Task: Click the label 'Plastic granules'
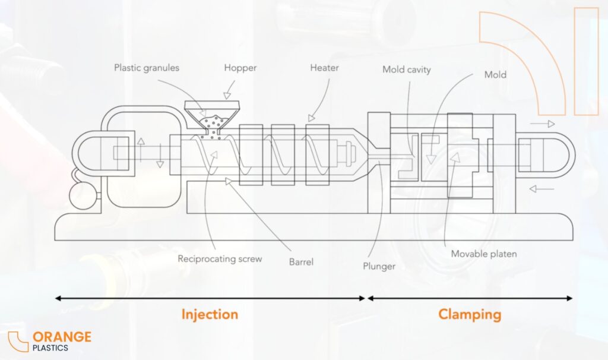[x=147, y=68]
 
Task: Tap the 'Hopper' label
[x=240, y=68]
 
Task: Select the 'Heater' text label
[x=324, y=68]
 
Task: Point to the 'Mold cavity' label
[x=406, y=70]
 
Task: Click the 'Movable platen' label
[x=483, y=254]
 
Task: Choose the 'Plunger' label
[x=379, y=266]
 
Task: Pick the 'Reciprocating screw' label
[x=219, y=259]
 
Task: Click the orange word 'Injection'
[x=210, y=314]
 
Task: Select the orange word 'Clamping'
[x=470, y=314]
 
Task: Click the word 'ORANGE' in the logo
[x=62, y=337]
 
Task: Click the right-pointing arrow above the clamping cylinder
[x=543, y=124]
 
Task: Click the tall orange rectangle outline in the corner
[x=587, y=61]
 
